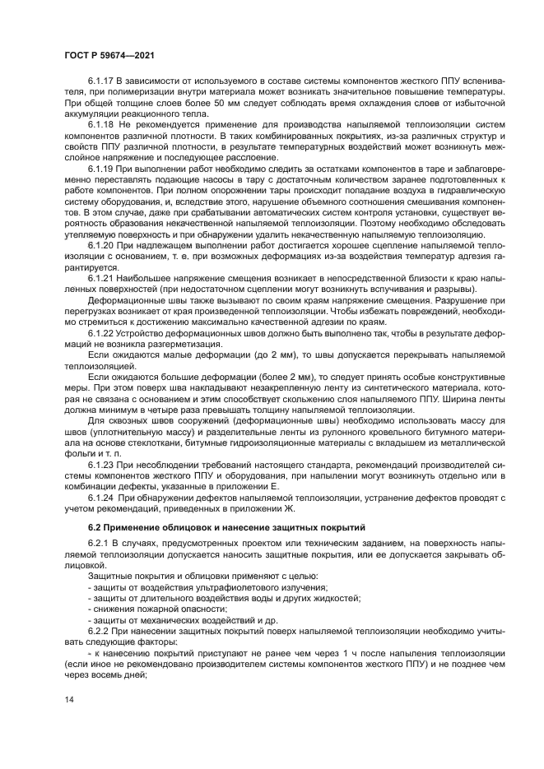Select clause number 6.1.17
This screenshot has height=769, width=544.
click(102, 83)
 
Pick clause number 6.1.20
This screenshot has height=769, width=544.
click(102, 269)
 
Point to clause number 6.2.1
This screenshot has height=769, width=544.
click(99, 544)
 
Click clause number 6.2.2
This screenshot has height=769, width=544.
click(99, 628)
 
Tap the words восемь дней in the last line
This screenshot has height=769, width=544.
click(124, 676)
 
